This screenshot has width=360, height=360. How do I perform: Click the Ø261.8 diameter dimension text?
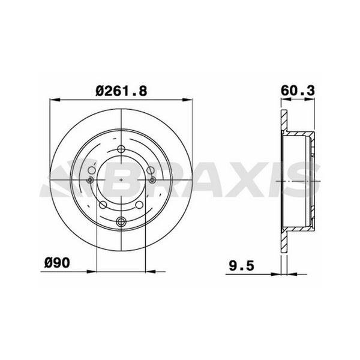click(x=121, y=91)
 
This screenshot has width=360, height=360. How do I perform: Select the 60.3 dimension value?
click(x=298, y=91)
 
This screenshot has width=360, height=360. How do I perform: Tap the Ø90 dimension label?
click(x=57, y=262)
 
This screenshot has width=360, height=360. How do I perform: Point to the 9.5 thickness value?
click(x=242, y=266)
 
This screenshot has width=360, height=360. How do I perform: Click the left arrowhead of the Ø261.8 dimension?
click(x=55, y=100)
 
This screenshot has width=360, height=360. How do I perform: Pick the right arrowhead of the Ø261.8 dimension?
click(x=188, y=100)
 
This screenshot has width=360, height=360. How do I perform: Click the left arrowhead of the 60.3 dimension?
click(x=286, y=99)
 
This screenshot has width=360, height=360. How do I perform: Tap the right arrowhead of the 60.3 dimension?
click(x=309, y=99)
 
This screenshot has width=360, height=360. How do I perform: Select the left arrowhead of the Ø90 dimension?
click(x=92, y=272)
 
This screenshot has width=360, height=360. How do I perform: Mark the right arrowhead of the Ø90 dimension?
click(x=151, y=272)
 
